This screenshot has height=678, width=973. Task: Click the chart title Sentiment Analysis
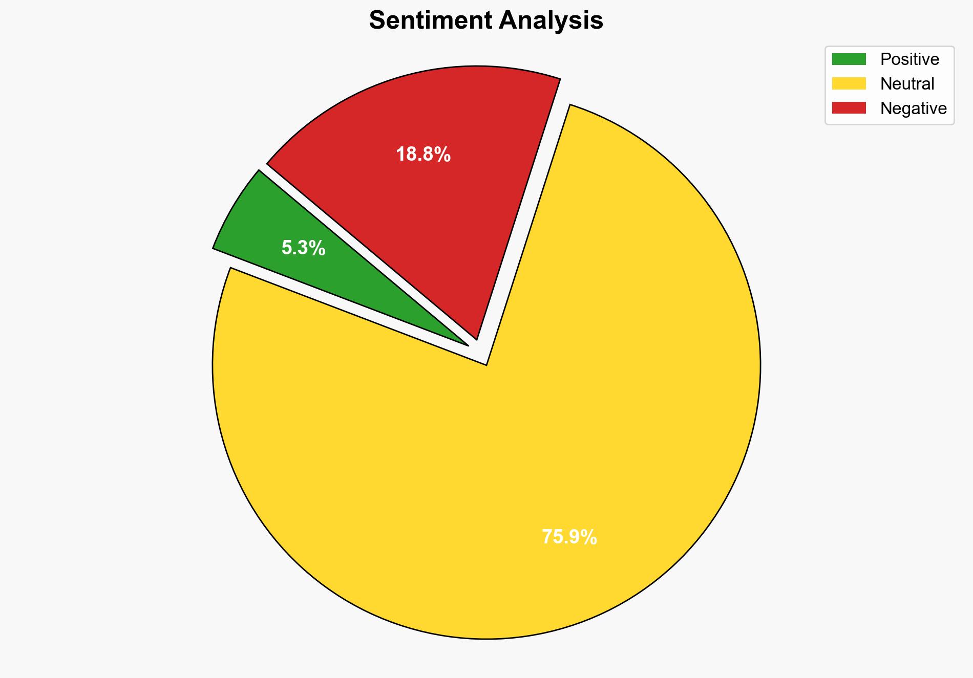click(x=486, y=21)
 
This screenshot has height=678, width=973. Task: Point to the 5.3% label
click(x=303, y=248)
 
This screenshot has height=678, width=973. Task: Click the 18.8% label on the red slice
click(x=423, y=154)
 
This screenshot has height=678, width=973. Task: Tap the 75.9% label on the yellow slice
click(x=569, y=537)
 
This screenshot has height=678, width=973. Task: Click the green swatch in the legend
click(x=849, y=59)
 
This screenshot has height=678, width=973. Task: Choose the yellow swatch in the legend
click(x=849, y=83)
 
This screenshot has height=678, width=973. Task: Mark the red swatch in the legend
click(x=849, y=108)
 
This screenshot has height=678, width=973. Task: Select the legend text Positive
click(x=909, y=59)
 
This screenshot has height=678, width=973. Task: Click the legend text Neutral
click(x=907, y=83)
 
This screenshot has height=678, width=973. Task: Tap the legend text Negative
click(x=913, y=108)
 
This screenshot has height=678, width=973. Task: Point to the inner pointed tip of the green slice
click(x=467, y=344)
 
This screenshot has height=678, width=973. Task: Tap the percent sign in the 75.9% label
click(x=590, y=537)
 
